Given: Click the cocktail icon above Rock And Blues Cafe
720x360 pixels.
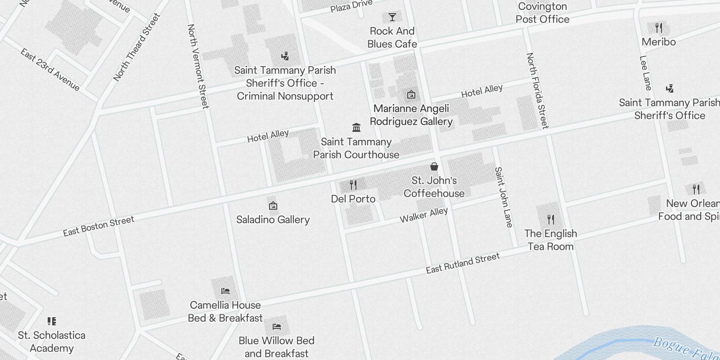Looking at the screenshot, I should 392,17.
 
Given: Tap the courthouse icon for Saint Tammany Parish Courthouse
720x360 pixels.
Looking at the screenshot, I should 356,127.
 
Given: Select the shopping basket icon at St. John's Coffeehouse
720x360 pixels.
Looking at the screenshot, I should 434,166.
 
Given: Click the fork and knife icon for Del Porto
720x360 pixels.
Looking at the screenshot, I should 353,184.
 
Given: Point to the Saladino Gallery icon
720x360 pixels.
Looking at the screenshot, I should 273,206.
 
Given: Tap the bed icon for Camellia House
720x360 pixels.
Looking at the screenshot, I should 225,291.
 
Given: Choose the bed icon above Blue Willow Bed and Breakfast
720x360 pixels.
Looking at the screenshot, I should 277,326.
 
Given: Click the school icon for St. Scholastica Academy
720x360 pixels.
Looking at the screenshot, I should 51,321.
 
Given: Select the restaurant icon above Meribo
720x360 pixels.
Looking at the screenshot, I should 659,28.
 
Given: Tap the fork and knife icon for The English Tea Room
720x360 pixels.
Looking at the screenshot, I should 551,220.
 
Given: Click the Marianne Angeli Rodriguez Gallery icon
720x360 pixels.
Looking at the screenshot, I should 411,94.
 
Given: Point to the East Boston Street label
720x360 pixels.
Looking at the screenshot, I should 99,226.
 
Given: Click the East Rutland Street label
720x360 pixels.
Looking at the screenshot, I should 463,263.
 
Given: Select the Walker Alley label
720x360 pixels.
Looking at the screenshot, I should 424,215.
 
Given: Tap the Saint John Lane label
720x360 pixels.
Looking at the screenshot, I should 504,197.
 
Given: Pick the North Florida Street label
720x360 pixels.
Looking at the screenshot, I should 537,90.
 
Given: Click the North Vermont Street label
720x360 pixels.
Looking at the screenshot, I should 198,66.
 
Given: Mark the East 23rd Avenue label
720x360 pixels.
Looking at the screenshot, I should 50,70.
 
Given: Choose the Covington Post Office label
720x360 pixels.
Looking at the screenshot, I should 542,13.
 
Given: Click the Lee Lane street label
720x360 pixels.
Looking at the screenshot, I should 645,73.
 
